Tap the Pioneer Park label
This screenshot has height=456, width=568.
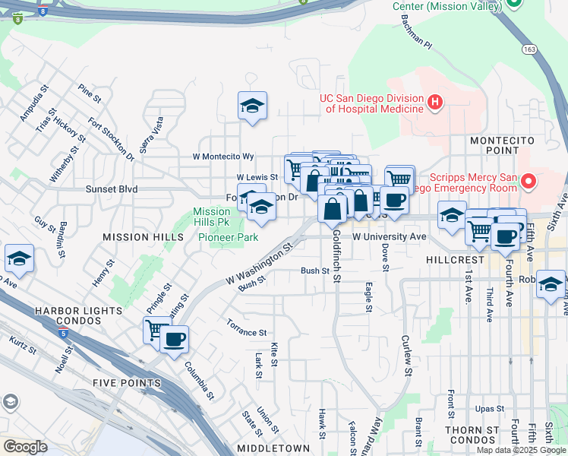[228, 237]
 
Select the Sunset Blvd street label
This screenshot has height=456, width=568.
[112, 188]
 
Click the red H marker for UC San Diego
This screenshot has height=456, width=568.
[435, 102]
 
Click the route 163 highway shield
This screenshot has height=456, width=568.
[529, 48]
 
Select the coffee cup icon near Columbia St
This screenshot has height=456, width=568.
[174, 338]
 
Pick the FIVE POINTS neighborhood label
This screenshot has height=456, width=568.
[126, 382]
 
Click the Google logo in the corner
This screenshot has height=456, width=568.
[25, 446]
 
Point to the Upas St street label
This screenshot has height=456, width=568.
[489, 409]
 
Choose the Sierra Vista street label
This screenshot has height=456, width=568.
[156, 135]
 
